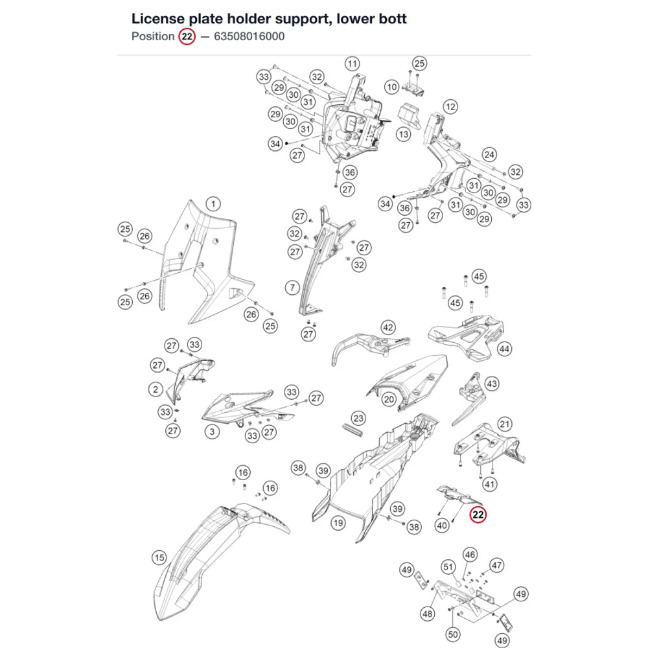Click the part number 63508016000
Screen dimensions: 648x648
(x=249, y=36)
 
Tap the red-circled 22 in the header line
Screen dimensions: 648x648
(x=187, y=37)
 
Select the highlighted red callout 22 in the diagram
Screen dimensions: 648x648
(x=478, y=515)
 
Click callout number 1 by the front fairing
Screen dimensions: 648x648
(x=213, y=203)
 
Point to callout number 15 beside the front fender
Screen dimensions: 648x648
(x=159, y=557)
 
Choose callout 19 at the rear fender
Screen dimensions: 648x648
(x=338, y=523)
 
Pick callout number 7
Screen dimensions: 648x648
(x=293, y=287)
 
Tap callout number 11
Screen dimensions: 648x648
(x=352, y=64)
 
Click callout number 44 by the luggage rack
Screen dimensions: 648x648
(x=504, y=349)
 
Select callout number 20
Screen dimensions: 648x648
(x=388, y=399)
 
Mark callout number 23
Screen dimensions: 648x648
(x=358, y=418)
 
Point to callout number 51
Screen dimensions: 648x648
(x=448, y=566)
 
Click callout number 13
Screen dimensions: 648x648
(x=403, y=134)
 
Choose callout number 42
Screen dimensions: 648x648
(x=388, y=327)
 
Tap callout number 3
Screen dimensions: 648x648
(x=212, y=432)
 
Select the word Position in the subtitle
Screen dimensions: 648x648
(x=153, y=36)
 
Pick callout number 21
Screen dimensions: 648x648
(x=505, y=424)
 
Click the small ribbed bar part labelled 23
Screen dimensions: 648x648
(x=353, y=430)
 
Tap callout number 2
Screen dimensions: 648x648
(x=156, y=389)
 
